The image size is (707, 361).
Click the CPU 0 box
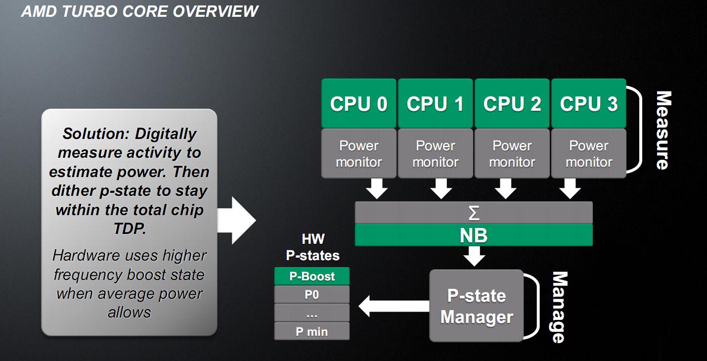click(x=358, y=103)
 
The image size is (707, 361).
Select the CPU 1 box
click(x=435, y=103)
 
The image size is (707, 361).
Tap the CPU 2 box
click(x=512, y=103)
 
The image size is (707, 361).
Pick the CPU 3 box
click(x=588, y=103)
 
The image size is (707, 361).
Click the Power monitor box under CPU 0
click(x=358, y=154)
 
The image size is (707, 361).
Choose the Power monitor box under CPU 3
click(x=588, y=154)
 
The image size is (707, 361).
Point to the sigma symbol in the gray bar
click(x=474, y=213)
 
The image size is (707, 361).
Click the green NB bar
click(x=474, y=235)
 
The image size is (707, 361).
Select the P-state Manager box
click(x=476, y=306)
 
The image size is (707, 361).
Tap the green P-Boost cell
click(x=312, y=276)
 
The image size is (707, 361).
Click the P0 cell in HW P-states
click(x=312, y=295)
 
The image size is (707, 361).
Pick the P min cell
click(x=312, y=332)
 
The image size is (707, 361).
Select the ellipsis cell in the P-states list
click(x=312, y=313)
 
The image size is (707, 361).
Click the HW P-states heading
click(x=313, y=247)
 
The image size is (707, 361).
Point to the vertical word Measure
click(x=663, y=130)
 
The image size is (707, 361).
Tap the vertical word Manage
click(x=558, y=307)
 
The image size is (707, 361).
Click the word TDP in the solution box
click(x=129, y=229)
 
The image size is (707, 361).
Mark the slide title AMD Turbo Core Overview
click(x=139, y=11)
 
